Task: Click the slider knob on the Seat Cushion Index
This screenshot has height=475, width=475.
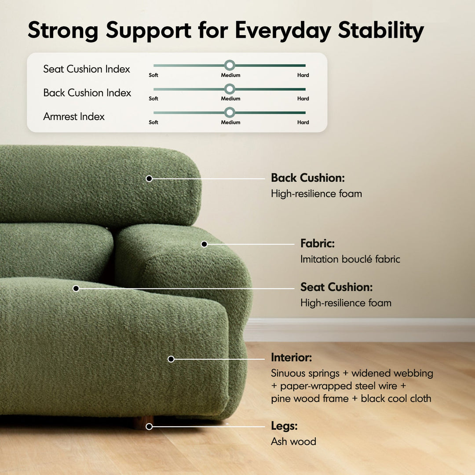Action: pyautogui.click(x=229, y=66)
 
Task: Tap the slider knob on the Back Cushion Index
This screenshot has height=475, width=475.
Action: pyautogui.click(x=229, y=89)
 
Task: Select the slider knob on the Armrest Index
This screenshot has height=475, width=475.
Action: pyautogui.click(x=229, y=113)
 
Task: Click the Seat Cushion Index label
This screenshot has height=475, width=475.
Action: pyautogui.click(x=87, y=69)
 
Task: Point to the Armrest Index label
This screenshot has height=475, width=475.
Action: pyautogui.click(x=74, y=117)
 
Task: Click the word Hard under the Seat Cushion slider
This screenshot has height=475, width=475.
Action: pyautogui.click(x=303, y=75)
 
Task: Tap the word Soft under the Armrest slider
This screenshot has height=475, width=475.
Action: pyautogui.click(x=153, y=122)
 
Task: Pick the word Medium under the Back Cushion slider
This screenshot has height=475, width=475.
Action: pyautogui.click(x=230, y=99)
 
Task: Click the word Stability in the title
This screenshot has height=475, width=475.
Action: pyautogui.click(x=381, y=31)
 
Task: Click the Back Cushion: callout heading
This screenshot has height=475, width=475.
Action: pyautogui.click(x=307, y=178)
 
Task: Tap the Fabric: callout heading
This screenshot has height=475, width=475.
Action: pyautogui.click(x=317, y=243)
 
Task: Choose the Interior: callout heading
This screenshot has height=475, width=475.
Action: pyautogui.click(x=291, y=358)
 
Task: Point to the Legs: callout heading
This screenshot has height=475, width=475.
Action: pyautogui.click(x=284, y=426)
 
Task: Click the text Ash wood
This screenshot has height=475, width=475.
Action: pyautogui.click(x=293, y=442)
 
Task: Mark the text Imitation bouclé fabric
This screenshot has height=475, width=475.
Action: pyautogui.click(x=350, y=259)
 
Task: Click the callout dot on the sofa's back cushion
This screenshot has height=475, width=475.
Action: pyautogui.click(x=149, y=179)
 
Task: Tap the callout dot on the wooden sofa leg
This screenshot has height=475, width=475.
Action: pyautogui.click(x=149, y=427)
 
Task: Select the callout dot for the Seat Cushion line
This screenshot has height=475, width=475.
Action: pyautogui.click(x=76, y=289)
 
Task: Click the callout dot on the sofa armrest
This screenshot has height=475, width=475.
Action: pyautogui.click(x=204, y=244)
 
